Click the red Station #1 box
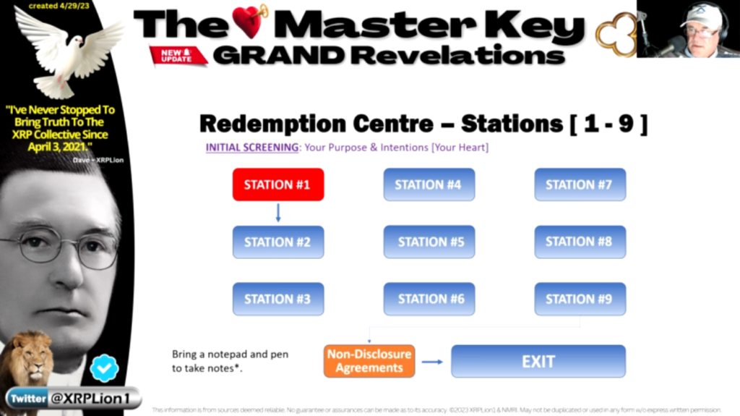(277, 184)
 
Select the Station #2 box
(277, 242)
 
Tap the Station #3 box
(277, 299)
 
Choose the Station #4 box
(429, 184)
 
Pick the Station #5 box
(429, 242)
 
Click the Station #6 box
(429, 299)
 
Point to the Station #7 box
(580, 184)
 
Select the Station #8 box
(580, 242)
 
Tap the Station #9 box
(580, 299)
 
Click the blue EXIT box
(538, 361)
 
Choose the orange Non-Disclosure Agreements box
(369, 361)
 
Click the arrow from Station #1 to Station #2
(278, 213)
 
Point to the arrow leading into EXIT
(432, 361)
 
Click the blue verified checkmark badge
(104, 368)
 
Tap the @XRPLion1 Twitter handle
(92, 398)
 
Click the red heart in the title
(249, 21)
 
